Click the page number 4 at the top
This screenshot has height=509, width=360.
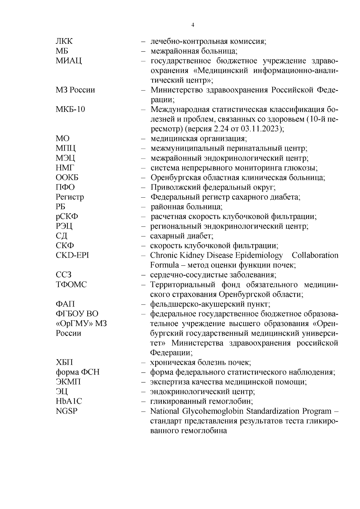(x=193, y=25)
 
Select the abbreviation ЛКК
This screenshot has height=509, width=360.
(x=64, y=41)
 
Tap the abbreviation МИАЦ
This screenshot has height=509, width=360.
(x=69, y=61)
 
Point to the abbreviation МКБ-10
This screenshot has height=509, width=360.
(x=70, y=109)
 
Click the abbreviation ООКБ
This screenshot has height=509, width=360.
(x=67, y=178)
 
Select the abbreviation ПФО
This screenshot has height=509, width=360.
(x=65, y=187)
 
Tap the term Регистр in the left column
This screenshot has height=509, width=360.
(x=70, y=197)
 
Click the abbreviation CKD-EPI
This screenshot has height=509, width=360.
(x=72, y=256)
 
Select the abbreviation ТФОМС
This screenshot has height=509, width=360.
(x=71, y=285)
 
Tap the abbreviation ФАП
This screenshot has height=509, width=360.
(x=65, y=304)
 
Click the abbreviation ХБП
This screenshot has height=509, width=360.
(x=64, y=362)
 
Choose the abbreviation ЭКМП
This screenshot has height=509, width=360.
(x=68, y=382)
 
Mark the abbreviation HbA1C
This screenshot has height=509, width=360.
(x=69, y=401)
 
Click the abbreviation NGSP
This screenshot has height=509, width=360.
(x=66, y=411)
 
